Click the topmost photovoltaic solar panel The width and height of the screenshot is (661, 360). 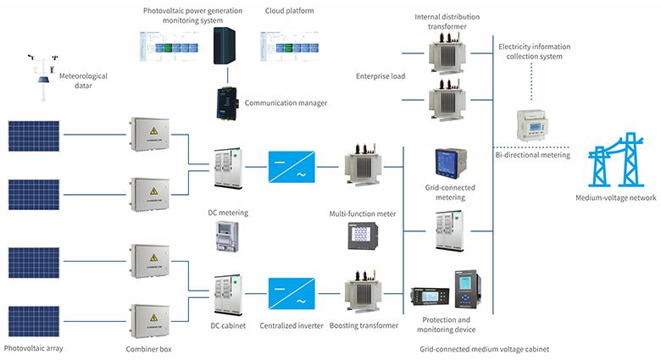[x=33, y=134]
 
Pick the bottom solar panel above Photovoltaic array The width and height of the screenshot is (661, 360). [x=33, y=320]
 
